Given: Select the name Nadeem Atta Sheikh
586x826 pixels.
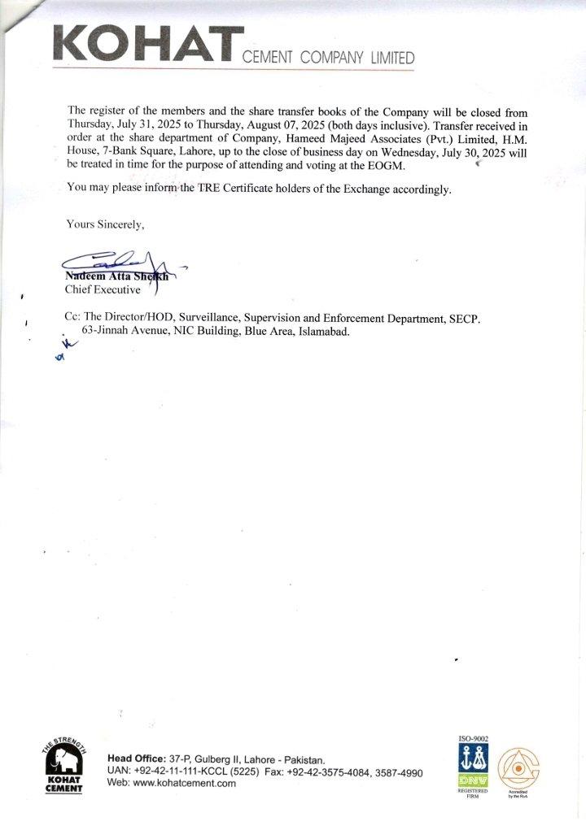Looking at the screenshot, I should point(116,276).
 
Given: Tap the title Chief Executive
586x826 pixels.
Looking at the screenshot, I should point(103,289).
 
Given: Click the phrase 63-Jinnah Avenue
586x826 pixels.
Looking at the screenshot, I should point(122,332).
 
